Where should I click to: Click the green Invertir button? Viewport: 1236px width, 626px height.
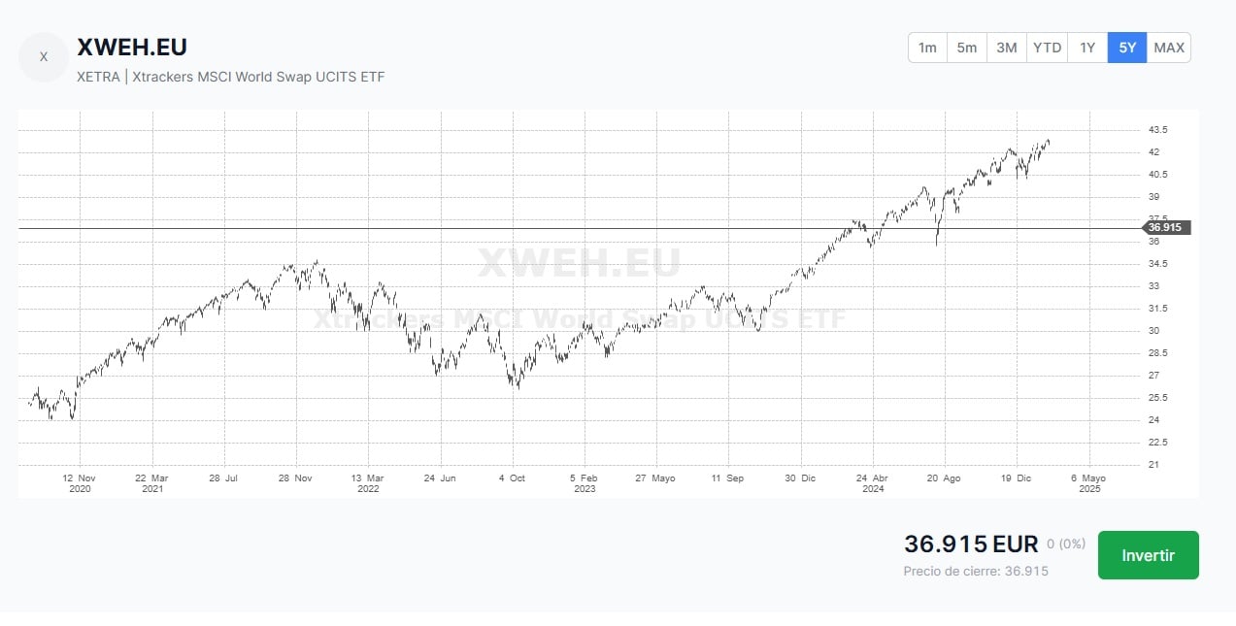pyautogui.click(x=1148, y=555)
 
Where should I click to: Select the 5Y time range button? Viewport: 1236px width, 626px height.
pyautogui.click(x=1126, y=48)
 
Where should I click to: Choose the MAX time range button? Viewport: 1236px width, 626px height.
pyautogui.click(x=1169, y=48)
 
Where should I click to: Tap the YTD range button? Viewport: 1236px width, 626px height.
pyautogui.click(x=1047, y=48)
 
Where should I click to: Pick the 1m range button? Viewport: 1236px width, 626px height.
pyautogui.click(x=927, y=48)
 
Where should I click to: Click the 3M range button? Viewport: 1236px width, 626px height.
pyautogui.click(x=1007, y=48)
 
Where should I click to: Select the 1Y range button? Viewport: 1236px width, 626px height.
pyautogui.click(x=1087, y=48)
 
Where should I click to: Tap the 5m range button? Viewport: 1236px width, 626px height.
pyautogui.click(x=967, y=48)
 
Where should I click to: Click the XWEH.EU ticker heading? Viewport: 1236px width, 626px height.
pyautogui.click(x=132, y=47)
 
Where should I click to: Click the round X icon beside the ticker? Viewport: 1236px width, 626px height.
pyautogui.click(x=44, y=57)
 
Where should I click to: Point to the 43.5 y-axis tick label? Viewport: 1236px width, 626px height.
pyautogui.click(x=1158, y=130)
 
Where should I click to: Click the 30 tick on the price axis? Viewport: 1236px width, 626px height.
pyautogui.click(x=1153, y=331)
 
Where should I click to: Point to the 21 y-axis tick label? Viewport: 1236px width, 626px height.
pyautogui.click(x=1153, y=465)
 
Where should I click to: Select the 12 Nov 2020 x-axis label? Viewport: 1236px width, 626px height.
pyautogui.click(x=79, y=483)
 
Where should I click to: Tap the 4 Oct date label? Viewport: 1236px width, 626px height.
pyautogui.click(x=512, y=478)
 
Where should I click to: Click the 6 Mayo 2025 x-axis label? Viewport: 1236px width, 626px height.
pyautogui.click(x=1088, y=483)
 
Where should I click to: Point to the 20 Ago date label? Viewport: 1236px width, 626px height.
pyautogui.click(x=944, y=478)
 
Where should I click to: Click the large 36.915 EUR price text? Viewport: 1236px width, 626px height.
pyautogui.click(x=971, y=544)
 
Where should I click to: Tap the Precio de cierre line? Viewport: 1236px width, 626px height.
pyautogui.click(x=976, y=571)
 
